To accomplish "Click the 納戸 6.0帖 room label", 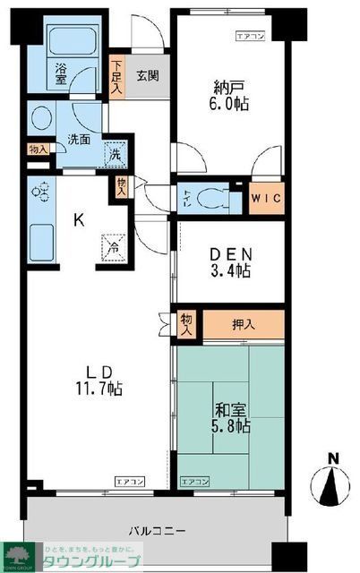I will [230, 96].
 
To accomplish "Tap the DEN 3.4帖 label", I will [230, 261].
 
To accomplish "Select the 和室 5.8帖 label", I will [230, 419].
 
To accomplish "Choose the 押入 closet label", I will [244, 324].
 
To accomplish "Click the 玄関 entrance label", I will [149, 76].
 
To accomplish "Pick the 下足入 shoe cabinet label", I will [118, 76].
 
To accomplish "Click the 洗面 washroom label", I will [78, 140].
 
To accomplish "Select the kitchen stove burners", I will [40, 194].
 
